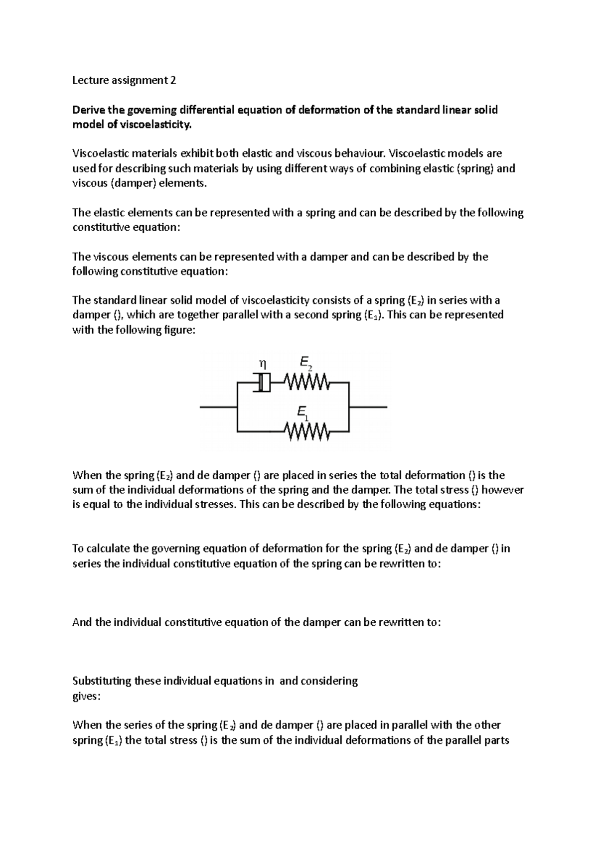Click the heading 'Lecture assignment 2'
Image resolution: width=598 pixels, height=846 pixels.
click(x=124, y=80)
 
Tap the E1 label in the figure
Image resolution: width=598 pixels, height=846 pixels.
click(x=302, y=412)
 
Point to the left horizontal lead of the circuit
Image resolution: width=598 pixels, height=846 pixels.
click(x=218, y=407)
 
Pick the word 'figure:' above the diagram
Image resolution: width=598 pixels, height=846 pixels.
click(x=176, y=330)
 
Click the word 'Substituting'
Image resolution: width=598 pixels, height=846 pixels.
click(x=102, y=681)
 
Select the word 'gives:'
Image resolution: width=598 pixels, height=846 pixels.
click(x=86, y=696)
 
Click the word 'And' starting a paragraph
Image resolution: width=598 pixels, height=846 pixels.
click(x=82, y=622)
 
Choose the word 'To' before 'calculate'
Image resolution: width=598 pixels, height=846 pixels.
click(x=78, y=549)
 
